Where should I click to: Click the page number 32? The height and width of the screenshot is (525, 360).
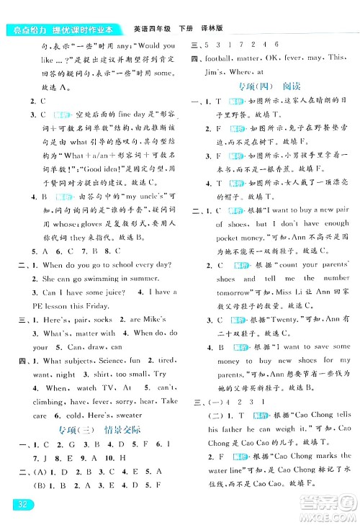click(x=16, y=503)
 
